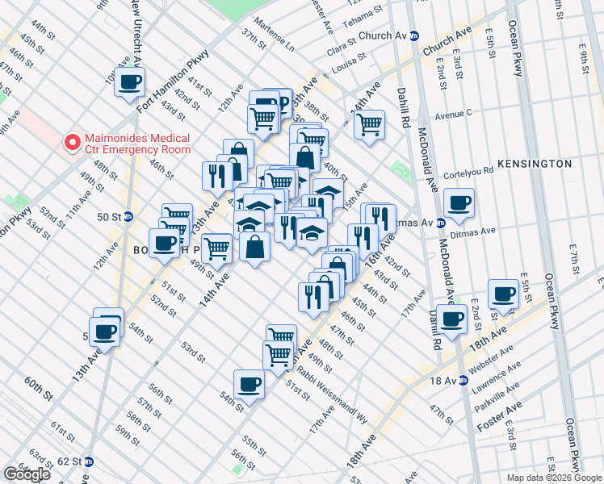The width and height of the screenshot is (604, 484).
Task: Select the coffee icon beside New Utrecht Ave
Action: pos(130,81)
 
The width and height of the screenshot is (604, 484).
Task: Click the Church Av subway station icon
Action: pos(414,36)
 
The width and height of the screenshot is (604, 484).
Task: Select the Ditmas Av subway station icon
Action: pos(441,223)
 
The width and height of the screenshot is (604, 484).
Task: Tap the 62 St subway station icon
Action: pos(89,462)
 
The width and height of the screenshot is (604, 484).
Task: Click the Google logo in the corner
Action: pos(27,474)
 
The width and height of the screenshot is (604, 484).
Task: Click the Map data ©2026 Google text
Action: pos(554,478)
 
